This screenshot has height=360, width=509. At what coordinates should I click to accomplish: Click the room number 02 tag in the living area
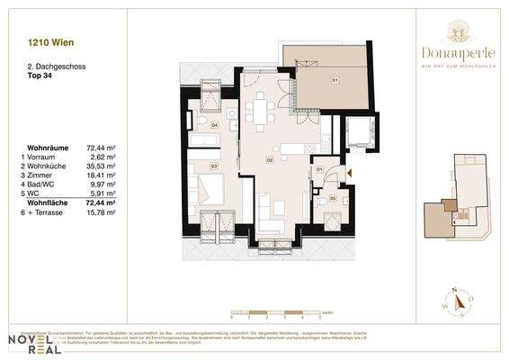(268, 160)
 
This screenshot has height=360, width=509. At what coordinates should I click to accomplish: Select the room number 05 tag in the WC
(333, 198)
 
